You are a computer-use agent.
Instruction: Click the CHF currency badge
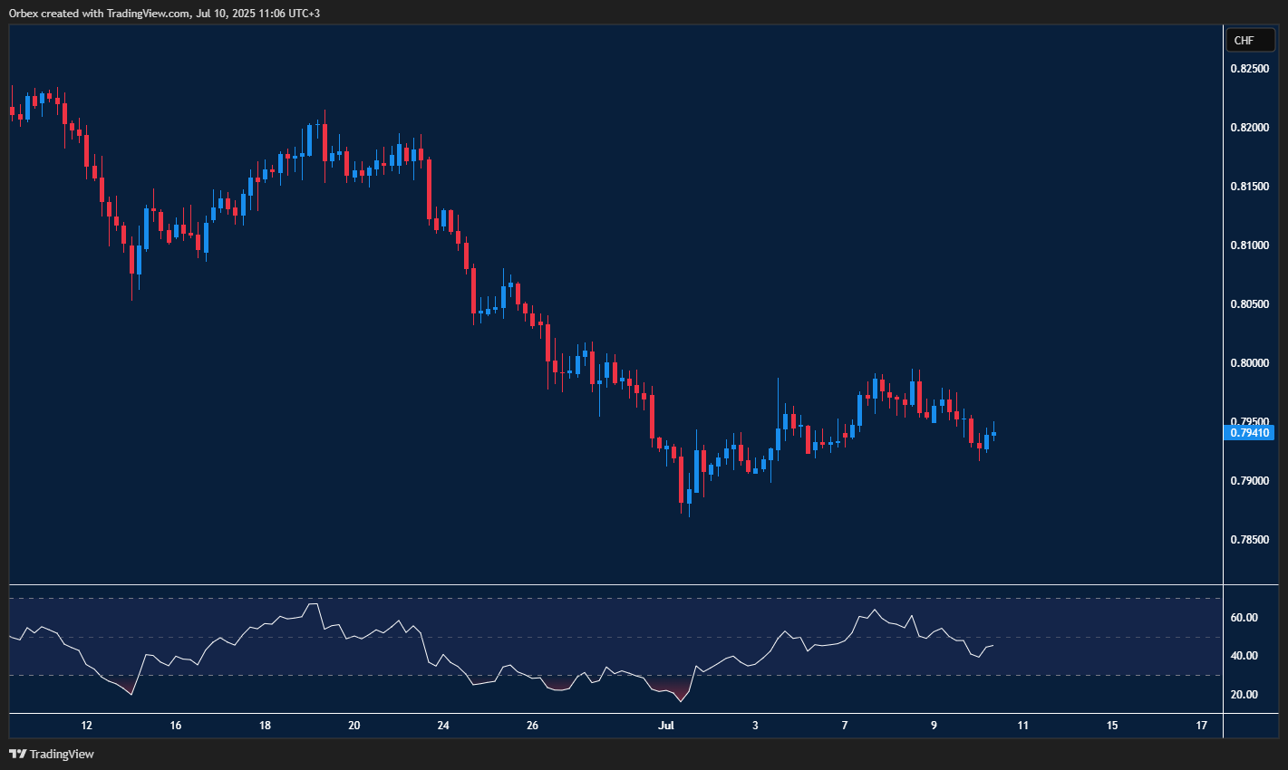coord(1250,41)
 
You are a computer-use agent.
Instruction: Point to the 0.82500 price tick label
coord(1249,69)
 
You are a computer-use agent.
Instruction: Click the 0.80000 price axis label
coord(1249,363)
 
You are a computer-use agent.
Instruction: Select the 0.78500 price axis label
coord(1249,540)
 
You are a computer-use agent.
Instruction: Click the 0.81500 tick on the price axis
coord(1249,187)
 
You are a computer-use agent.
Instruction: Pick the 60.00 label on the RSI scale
coord(1244,618)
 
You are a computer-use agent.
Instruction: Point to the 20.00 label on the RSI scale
coord(1244,695)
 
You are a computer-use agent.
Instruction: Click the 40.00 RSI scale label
coord(1244,656)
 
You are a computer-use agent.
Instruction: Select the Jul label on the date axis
coord(666,726)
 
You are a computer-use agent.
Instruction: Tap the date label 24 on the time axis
coord(443,726)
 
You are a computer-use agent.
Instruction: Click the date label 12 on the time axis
coord(86,726)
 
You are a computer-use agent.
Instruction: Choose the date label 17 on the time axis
coord(1202,726)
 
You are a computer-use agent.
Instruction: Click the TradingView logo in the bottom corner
coord(52,754)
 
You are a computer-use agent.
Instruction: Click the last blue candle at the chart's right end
coord(993,433)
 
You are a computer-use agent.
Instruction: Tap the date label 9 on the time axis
coord(934,726)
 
